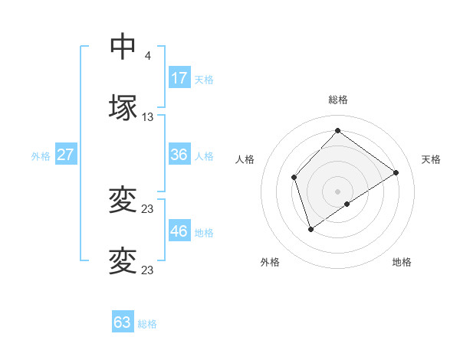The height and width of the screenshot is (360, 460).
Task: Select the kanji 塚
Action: [123, 107]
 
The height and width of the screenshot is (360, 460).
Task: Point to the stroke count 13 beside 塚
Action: [148, 117]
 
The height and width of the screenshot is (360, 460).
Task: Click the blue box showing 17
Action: [179, 78]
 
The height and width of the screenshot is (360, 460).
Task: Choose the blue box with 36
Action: [179, 155]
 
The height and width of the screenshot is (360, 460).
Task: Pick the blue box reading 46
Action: [179, 231]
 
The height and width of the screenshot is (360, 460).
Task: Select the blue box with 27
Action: [66, 155]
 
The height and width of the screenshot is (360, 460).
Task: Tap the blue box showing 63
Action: [123, 322]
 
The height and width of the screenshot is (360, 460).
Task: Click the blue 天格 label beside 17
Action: [204, 80]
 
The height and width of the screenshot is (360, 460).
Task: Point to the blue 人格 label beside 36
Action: [204, 156]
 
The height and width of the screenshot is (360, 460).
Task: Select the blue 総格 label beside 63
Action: [147, 324]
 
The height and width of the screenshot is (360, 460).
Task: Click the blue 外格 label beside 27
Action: [41, 156]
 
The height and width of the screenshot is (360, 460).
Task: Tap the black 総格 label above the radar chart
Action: [338, 100]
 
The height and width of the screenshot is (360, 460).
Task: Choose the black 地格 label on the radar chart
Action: [402, 262]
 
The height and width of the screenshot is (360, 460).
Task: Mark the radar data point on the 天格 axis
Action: [396, 172]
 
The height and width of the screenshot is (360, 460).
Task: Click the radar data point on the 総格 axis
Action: [337, 130]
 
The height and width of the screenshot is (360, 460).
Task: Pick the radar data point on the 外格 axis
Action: [310, 229]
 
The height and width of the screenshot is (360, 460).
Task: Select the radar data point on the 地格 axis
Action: [347, 204]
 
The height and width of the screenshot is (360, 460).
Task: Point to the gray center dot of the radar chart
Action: [337, 191]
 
